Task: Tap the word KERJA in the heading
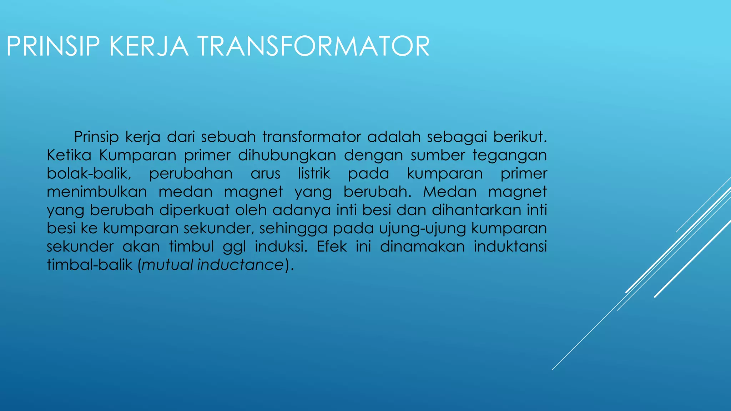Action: point(148,46)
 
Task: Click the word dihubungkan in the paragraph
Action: point(287,155)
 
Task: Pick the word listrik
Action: point(314,173)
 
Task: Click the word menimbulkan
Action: point(97,192)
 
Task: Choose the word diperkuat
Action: point(194,210)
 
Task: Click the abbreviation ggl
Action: point(234,247)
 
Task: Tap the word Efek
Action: point(332,247)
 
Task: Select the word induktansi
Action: point(510,247)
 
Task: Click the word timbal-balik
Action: point(90,265)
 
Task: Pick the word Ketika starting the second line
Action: point(69,155)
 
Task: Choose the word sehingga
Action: point(293,228)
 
